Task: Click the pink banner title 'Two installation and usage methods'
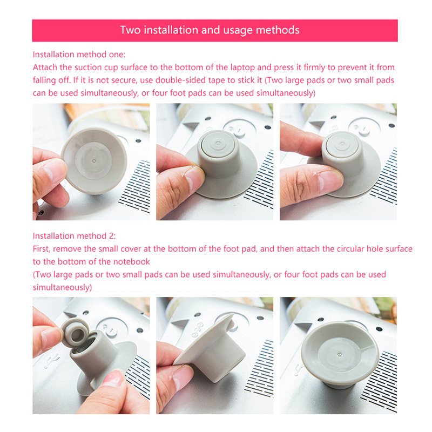pyautogui.click(x=210, y=30)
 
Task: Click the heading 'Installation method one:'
pyautogui.click(x=79, y=55)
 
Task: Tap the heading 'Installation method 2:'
pyautogui.click(x=75, y=236)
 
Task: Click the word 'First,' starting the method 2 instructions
pyautogui.click(x=42, y=249)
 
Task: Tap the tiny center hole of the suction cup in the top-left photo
pyautogui.click(x=94, y=160)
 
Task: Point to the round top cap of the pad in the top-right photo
pyautogui.click(x=342, y=145)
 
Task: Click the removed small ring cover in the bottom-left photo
pyautogui.click(x=75, y=333)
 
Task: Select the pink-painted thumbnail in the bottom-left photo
pyautogui.click(x=113, y=379)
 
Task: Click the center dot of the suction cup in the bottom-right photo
pyautogui.click(x=340, y=355)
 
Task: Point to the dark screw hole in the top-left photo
pyautogui.click(x=138, y=141)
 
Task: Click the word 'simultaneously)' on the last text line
pyautogui.click(x=62, y=287)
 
